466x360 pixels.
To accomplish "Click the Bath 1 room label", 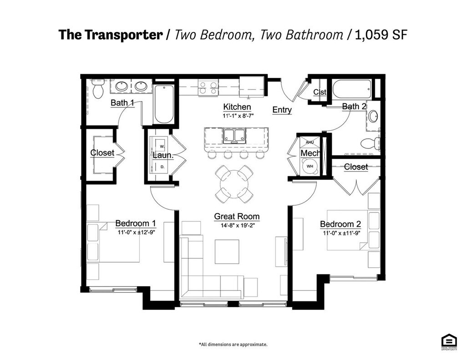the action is pos(122,103).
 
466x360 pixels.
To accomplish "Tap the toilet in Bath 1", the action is pos(98,89).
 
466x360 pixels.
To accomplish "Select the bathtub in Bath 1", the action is pos(164,104).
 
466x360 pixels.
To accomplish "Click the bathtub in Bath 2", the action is pos(352,89).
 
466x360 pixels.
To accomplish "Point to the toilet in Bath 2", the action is pos(370,144).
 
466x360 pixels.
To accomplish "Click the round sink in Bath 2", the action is pos(373,116).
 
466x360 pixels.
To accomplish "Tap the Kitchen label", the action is pos(237,107).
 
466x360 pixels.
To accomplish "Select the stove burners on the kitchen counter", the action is pos(208,88).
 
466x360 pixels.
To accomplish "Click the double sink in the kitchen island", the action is pos(235,136).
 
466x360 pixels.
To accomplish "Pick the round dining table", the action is pos(234,184).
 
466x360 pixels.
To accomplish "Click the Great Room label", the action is pos(237,217).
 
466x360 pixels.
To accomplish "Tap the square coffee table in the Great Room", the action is pos(227,252).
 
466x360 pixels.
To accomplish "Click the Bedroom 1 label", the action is pos(136,223).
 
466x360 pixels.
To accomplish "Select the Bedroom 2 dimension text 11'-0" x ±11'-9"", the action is pos(340,233).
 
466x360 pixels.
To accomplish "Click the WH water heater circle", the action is pos(310,166).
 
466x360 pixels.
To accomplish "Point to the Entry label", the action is pos(282,110).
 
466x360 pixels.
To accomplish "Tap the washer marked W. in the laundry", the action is pos(162,147).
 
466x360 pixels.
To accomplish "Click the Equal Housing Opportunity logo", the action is pos(449,342).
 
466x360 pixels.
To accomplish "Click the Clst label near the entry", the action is pos(320,92).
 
